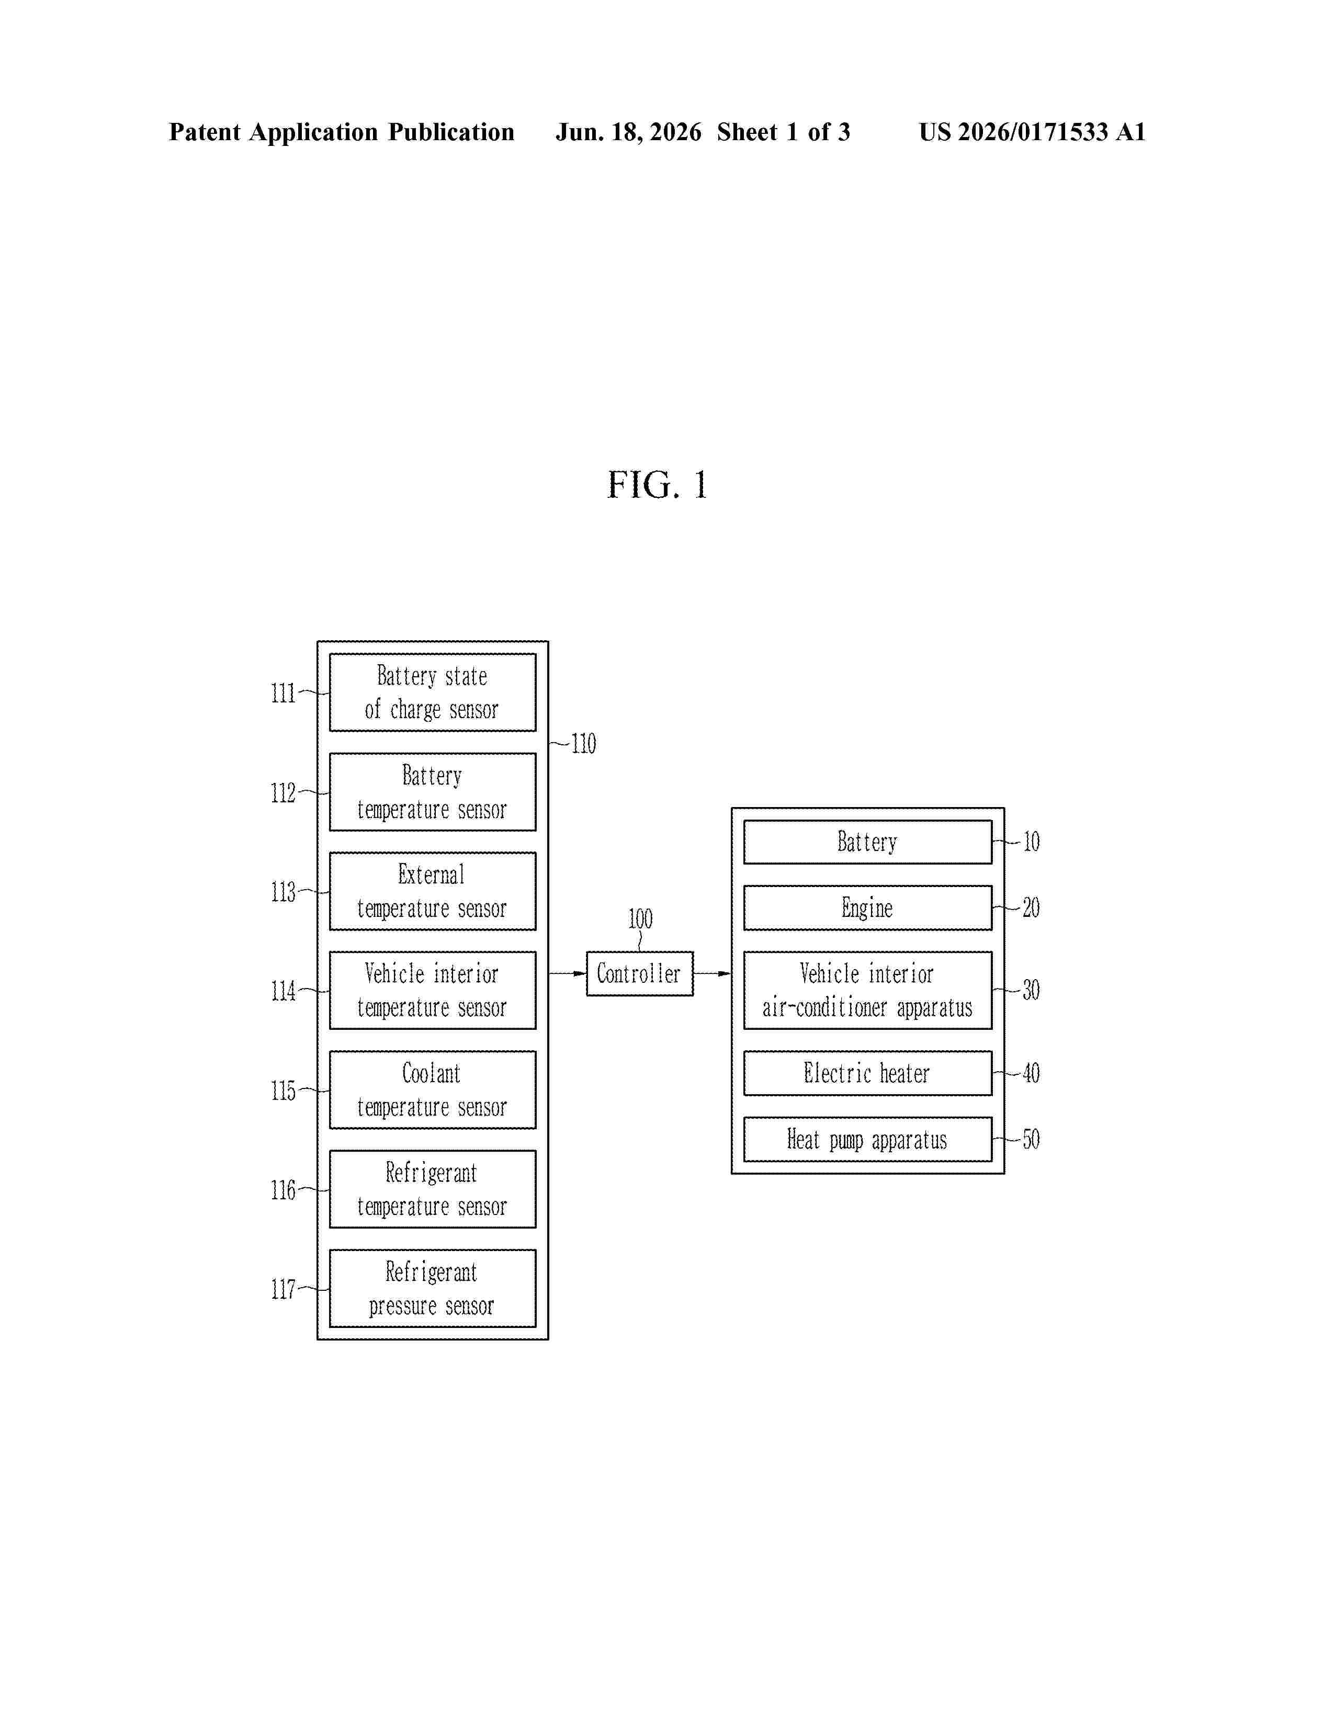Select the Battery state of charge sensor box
[x=432, y=692]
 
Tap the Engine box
[x=868, y=907]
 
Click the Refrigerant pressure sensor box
[x=432, y=1288]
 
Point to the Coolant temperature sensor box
[x=432, y=1090]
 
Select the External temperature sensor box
[x=432, y=891]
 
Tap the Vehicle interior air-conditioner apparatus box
[x=868, y=990]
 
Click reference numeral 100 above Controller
[x=640, y=919]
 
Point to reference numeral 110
[x=583, y=744]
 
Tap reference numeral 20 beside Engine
[x=1031, y=907]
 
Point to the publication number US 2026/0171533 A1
[x=1032, y=132]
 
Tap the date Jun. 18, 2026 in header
[x=628, y=132]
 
